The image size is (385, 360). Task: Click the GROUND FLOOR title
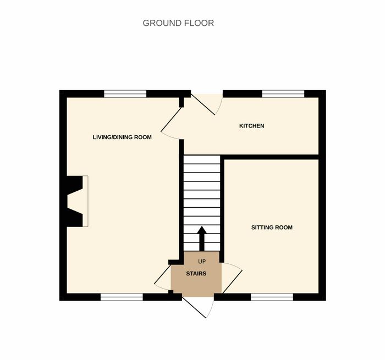178,23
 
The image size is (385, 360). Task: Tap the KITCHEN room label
252,126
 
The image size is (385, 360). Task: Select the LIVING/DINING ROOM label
122,137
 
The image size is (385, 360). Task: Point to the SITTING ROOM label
272,228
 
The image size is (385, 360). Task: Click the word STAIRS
196,274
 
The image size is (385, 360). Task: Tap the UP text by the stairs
202,262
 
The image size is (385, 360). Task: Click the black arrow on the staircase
202,239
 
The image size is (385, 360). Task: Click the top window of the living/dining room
125,94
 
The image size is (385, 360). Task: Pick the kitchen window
283,94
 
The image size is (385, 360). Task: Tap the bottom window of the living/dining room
122,297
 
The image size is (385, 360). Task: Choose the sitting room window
272,297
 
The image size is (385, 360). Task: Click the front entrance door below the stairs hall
197,307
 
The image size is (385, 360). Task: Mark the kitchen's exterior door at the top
207,104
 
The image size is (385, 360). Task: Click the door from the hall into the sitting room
232,278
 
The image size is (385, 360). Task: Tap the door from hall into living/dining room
163,278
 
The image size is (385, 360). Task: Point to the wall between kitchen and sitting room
271,157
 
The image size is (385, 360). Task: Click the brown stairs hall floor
196,274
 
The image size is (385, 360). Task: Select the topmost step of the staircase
202,159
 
